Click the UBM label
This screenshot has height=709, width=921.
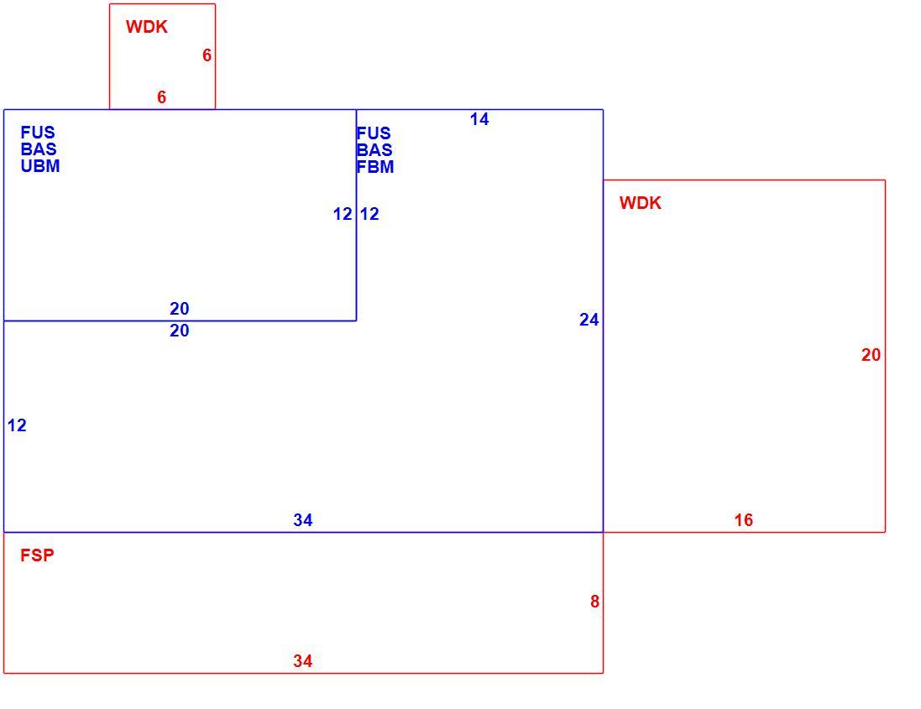[40, 166]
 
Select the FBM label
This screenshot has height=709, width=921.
[375, 167]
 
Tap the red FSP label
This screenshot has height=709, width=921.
[37, 555]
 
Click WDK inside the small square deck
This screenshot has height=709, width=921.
[146, 26]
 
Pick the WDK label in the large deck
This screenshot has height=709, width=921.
[641, 202]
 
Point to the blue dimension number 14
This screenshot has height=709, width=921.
[479, 119]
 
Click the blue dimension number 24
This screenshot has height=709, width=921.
[589, 320]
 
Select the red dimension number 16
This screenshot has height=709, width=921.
[744, 520]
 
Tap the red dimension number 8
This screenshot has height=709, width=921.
[595, 602]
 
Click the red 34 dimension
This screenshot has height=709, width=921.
[303, 661]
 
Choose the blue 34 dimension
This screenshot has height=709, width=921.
[303, 520]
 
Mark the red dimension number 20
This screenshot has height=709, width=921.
[871, 354]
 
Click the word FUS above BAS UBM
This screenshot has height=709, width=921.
[38, 132]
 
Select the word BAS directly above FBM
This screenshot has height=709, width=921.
[374, 149]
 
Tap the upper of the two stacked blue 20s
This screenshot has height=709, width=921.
[180, 308]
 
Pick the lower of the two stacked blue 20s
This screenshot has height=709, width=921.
[180, 331]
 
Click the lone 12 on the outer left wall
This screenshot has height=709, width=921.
[17, 425]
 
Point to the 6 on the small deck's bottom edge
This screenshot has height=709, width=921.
[161, 96]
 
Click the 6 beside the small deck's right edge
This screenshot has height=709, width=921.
[207, 55]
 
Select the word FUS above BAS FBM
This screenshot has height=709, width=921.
[374, 133]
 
